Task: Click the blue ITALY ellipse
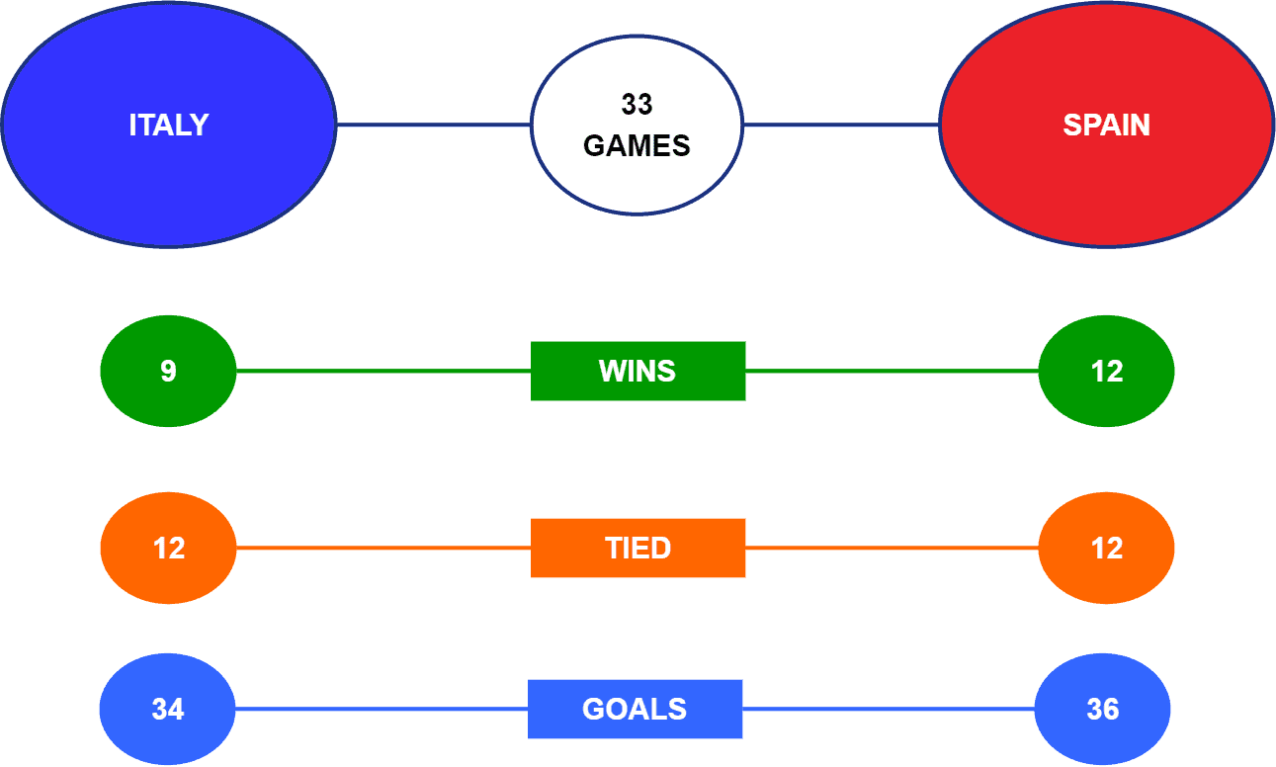(x=169, y=125)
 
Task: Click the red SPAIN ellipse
(x=1106, y=125)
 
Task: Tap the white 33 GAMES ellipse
(x=637, y=125)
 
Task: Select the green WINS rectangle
(x=638, y=371)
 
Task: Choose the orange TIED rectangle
(x=638, y=548)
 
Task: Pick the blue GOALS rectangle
(x=636, y=709)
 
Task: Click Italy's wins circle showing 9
(x=168, y=371)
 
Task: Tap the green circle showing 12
(x=1106, y=371)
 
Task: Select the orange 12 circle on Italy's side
(x=168, y=548)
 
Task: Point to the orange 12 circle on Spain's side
(x=1106, y=548)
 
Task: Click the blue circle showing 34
(x=167, y=709)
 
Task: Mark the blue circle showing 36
(x=1102, y=709)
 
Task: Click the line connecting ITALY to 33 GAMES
(x=434, y=125)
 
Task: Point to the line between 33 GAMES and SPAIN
(x=841, y=125)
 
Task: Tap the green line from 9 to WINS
(x=383, y=371)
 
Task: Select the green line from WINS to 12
(x=893, y=371)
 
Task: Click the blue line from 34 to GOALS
(x=382, y=709)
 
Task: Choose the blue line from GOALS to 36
(x=889, y=709)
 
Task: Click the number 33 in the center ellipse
(x=637, y=105)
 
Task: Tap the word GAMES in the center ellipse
(x=637, y=145)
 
